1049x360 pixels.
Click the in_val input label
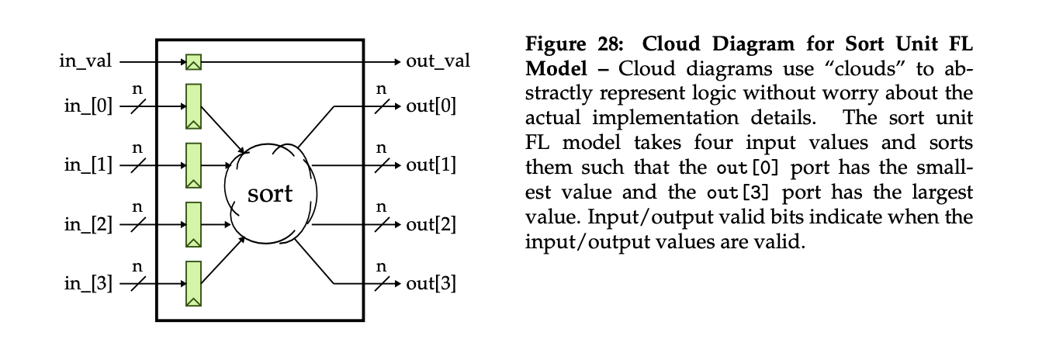click(85, 61)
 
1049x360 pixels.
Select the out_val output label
click(438, 61)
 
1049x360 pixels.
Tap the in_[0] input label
click(88, 106)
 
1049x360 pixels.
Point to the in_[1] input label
click(88, 165)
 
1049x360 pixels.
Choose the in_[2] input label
click(88, 225)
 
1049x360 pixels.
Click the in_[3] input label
click(88, 284)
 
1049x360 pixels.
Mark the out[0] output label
click(431, 106)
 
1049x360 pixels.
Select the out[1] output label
click(431, 164)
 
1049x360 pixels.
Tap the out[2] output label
click(431, 225)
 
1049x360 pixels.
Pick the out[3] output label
click(431, 284)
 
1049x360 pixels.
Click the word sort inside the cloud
click(270, 193)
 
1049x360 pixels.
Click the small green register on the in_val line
click(193, 62)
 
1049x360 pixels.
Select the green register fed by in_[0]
click(193, 106)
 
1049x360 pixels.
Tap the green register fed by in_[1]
click(193, 165)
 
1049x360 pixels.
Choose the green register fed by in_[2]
click(193, 225)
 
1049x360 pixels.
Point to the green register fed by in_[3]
click(193, 284)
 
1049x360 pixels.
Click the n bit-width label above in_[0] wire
click(137, 89)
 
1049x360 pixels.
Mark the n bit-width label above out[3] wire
click(381, 266)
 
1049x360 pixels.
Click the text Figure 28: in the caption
click(575, 44)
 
